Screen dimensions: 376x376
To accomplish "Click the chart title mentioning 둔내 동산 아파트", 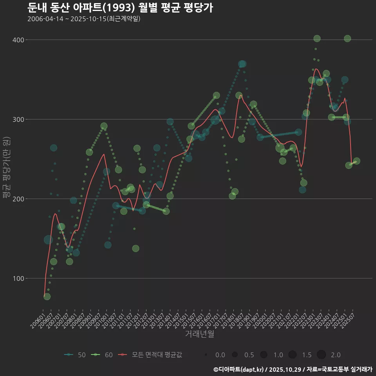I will [x=120, y=7].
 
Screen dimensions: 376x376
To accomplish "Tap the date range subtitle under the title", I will [x=84, y=19].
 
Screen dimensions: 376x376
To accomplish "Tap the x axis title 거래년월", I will [x=199, y=334].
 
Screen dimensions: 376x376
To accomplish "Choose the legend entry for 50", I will [x=75, y=355].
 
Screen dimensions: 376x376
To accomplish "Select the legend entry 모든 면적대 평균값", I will [x=150, y=355].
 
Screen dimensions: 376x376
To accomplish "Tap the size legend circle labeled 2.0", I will [x=321, y=355].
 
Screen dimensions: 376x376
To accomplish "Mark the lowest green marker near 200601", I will [x=47, y=296].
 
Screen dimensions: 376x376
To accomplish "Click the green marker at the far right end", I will [x=356, y=161].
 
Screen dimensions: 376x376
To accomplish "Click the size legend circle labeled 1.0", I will [x=264, y=355].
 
